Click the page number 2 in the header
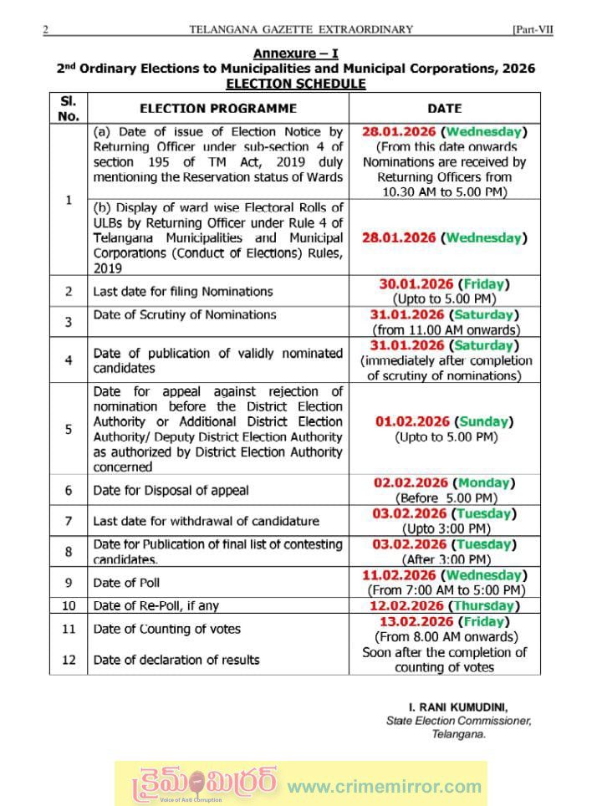click(x=46, y=29)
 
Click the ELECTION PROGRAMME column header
click(x=217, y=109)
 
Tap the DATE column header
click(x=444, y=109)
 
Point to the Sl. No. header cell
click(x=69, y=108)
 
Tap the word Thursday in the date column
click(x=482, y=605)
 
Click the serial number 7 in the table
click(x=69, y=521)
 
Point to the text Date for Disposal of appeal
click(x=171, y=490)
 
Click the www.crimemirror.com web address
click(x=385, y=786)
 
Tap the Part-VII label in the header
click(x=533, y=29)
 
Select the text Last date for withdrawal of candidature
click(x=206, y=521)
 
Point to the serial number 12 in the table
click(x=69, y=660)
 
